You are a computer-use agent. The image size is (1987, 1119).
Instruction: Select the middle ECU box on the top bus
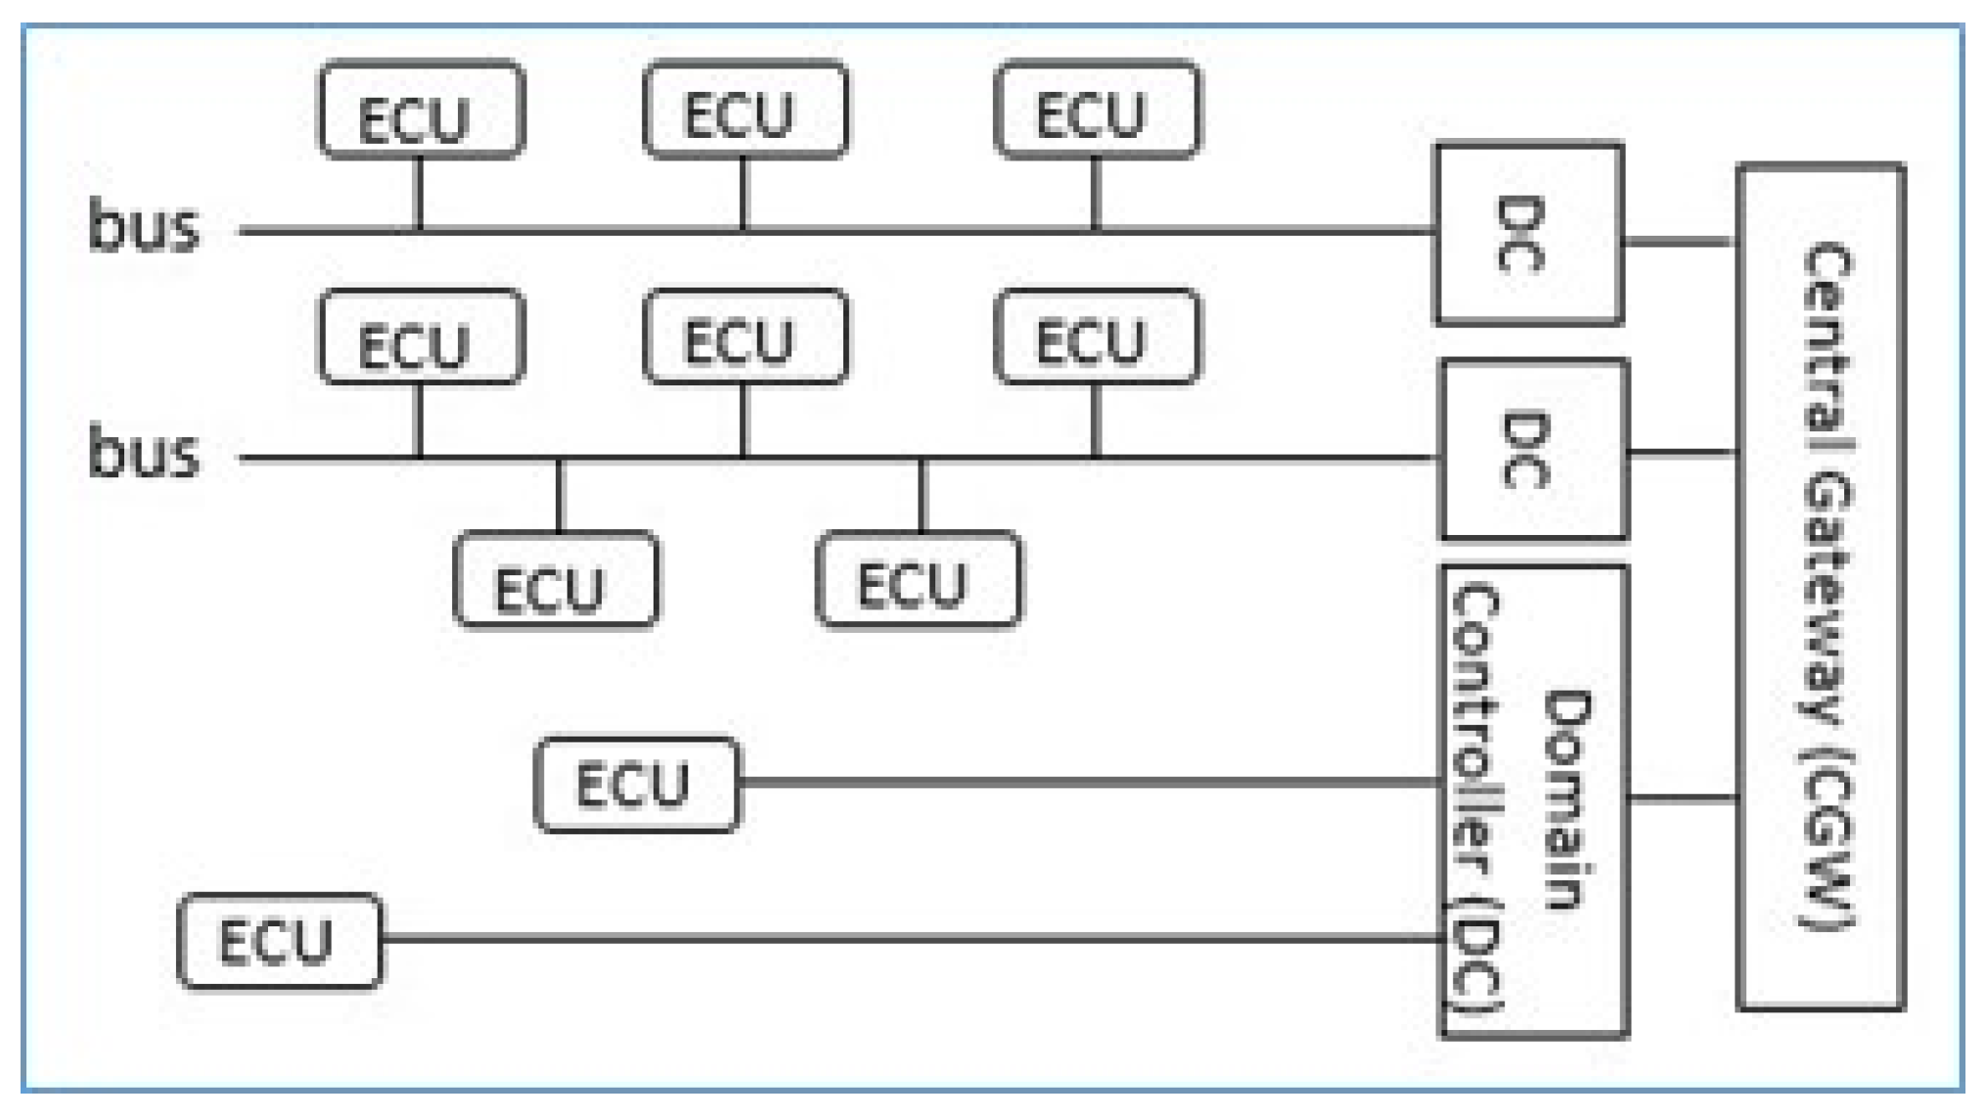pyautogui.click(x=745, y=110)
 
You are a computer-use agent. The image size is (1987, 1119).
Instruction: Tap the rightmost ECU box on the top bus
pyautogui.click(x=1097, y=110)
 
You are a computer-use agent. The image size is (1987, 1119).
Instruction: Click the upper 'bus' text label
pyautogui.click(x=144, y=227)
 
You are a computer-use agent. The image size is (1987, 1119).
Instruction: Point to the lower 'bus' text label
pyautogui.click(x=144, y=453)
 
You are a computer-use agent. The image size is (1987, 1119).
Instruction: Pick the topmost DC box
pyautogui.click(x=1528, y=235)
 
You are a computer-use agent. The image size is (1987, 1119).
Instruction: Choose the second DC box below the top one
pyautogui.click(x=1534, y=450)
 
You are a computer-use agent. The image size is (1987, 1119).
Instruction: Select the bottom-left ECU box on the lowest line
pyautogui.click(x=280, y=941)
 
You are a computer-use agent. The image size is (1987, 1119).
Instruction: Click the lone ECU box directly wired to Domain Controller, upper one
pyautogui.click(x=637, y=784)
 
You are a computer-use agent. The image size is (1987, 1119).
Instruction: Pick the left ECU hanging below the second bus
pyautogui.click(x=556, y=579)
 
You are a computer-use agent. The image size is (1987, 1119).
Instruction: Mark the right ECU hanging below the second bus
pyautogui.click(x=919, y=579)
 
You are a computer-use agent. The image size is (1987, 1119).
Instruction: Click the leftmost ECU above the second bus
pyautogui.click(x=422, y=337)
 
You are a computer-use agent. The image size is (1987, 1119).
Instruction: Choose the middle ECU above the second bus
pyautogui.click(x=745, y=336)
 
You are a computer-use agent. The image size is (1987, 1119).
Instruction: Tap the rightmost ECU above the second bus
pyautogui.click(x=1097, y=336)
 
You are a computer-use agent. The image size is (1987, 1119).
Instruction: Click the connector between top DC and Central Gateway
pyautogui.click(x=1680, y=241)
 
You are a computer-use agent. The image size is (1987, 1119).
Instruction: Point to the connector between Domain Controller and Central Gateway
pyautogui.click(x=1683, y=799)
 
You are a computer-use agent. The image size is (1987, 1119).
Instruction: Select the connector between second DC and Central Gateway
pyautogui.click(x=1683, y=453)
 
